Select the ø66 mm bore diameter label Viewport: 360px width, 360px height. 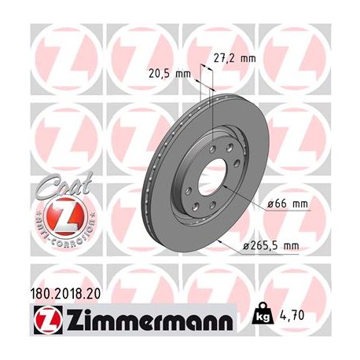coord(287,204)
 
